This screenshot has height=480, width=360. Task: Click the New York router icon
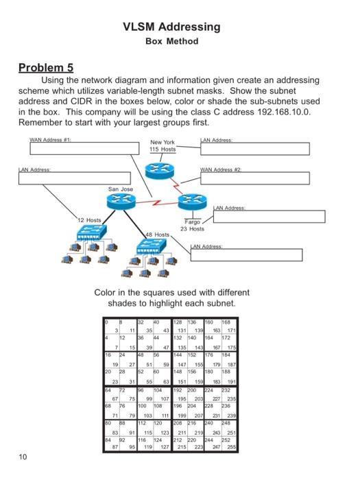click(x=162, y=167)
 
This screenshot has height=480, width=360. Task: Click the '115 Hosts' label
click(x=163, y=149)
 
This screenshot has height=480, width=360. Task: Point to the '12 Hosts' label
click(x=89, y=220)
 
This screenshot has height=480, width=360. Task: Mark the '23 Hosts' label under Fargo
click(x=194, y=228)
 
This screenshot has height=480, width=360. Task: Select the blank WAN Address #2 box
click(x=253, y=178)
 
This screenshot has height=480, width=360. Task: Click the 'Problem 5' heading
click(x=45, y=68)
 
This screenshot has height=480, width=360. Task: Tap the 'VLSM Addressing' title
click(x=172, y=27)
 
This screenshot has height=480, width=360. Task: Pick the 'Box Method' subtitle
click(x=172, y=41)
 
